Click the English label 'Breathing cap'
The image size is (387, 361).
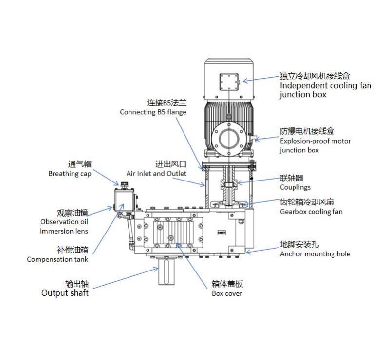pyautogui.click(x=70, y=174)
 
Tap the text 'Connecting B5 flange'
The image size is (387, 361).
pyautogui.click(x=153, y=112)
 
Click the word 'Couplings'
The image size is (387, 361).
pyautogui.click(x=295, y=187)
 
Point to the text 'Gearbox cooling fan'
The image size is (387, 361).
pyautogui.click(x=311, y=212)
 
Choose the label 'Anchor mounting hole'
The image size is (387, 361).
pyautogui.click(x=315, y=254)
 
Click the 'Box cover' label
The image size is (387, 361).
pyautogui.click(x=226, y=293)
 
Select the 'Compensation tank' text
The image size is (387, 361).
pyautogui.click(x=57, y=259)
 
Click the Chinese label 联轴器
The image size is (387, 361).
pyautogui.click(x=291, y=178)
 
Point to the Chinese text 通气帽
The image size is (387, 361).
pyautogui.click(x=79, y=164)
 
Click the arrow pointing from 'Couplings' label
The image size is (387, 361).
pyautogui.click(x=258, y=181)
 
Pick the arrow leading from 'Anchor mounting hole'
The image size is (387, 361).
pyautogui.click(x=263, y=249)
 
